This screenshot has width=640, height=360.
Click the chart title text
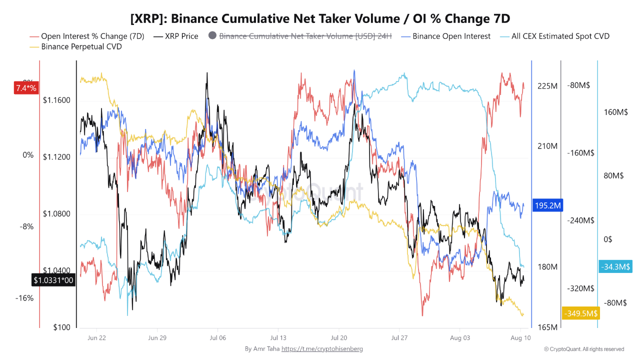(x=320, y=18)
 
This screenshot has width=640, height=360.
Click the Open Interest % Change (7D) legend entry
(x=87, y=36)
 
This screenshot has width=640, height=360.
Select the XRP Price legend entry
(x=175, y=36)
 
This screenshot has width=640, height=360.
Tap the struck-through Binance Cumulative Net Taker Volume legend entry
(x=300, y=36)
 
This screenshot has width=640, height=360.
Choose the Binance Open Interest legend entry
(x=445, y=36)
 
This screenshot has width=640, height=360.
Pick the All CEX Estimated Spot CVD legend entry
(x=555, y=36)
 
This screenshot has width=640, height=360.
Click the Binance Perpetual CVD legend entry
(x=75, y=46)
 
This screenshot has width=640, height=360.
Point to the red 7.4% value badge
(x=26, y=88)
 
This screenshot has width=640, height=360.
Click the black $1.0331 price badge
(x=53, y=280)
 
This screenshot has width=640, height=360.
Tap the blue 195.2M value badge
(x=547, y=205)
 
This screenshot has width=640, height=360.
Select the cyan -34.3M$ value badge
(x=615, y=266)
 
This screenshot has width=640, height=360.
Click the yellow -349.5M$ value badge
(x=581, y=313)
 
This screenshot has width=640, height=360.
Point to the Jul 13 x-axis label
(x=278, y=338)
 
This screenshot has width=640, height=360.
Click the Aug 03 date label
(x=460, y=338)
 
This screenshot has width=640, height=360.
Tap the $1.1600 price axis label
(x=56, y=100)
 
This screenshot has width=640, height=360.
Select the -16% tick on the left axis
(x=24, y=298)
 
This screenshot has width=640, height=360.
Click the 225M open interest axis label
(x=547, y=86)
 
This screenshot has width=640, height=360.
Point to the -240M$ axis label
(x=580, y=220)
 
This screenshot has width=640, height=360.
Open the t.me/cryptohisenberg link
(x=322, y=349)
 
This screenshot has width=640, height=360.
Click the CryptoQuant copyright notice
(x=584, y=349)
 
